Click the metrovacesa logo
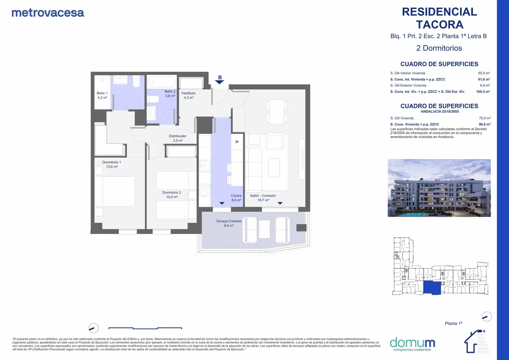coord(48,13)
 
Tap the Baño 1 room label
coord(102,95)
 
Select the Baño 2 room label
coord(170,94)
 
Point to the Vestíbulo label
coord(189,95)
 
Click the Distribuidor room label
coord(178,138)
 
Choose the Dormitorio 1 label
coord(112,164)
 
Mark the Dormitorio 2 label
coord(172,195)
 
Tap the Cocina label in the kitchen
coord(236,198)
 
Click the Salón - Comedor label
coord(263,198)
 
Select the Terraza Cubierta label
coord(229,223)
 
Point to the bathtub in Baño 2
coord(162,82)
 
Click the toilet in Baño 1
coord(136,81)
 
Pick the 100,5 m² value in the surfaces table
coord(483,92)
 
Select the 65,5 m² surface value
coord(484,73)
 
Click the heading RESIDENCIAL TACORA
coord(439,18)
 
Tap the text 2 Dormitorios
coord(439,48)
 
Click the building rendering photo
coord(439,188)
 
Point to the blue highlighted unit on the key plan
coord(432,288)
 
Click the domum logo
coord(412,344)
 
